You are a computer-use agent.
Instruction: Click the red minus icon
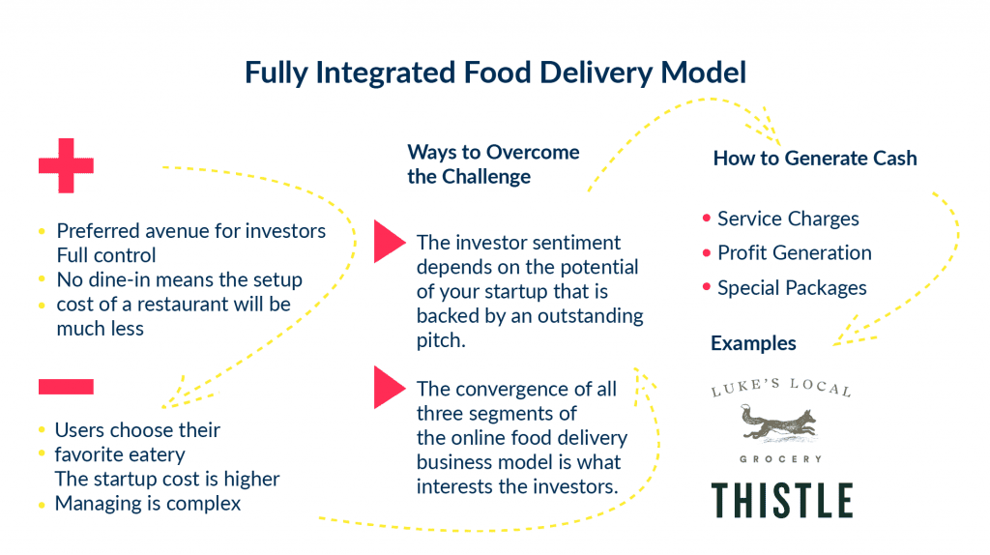[x=66, y=387]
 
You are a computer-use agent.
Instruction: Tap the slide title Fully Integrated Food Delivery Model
[x=495, y=73]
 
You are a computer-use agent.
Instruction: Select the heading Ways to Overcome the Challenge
[x=493, y=164]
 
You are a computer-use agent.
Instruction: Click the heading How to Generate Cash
[x=814, y=159]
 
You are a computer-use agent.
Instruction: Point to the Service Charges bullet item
[x=787, y=219]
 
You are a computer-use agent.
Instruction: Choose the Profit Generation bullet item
[x=794, y=253]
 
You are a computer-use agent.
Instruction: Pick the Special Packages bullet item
[x=791, y=288]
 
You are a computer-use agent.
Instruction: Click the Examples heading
[x=753, y=343]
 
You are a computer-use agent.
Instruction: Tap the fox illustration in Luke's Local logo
[x=780, y=424]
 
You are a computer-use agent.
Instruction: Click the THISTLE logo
[x=782, y=500]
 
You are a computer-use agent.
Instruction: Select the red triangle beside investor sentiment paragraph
[x=389, y=242]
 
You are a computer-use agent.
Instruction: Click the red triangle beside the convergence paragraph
[x=389, y=388]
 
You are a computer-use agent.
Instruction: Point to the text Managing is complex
[x=147, y=503]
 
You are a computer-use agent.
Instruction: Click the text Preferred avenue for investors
[x=190, y=231]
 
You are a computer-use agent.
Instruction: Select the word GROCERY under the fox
[x=781, y=458]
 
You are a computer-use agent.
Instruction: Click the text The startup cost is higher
[x=166, y=479]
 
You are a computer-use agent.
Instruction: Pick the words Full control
[x=106, y=256]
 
